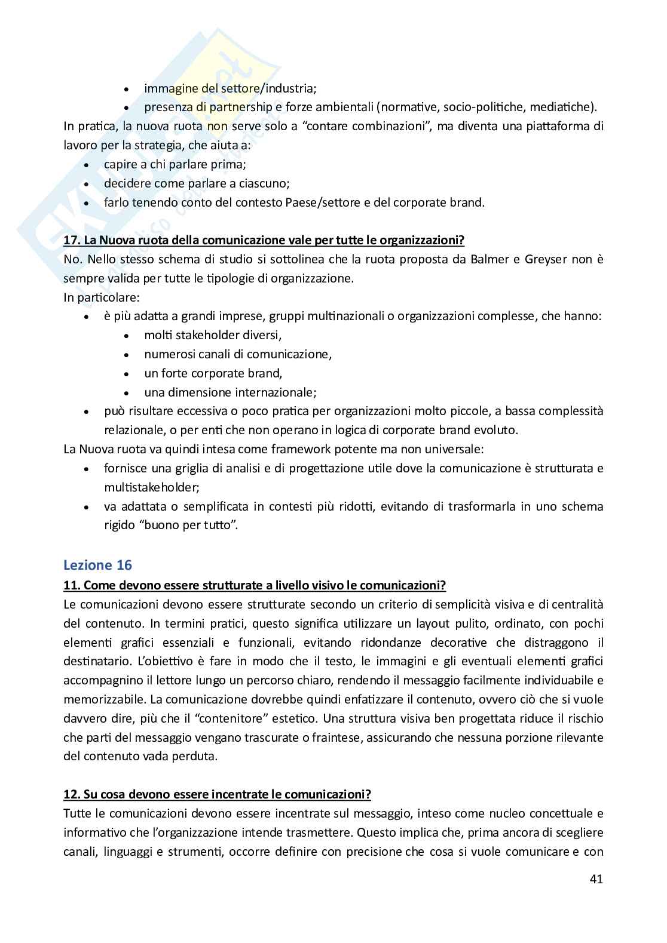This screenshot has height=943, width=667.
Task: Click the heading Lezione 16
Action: pos(97,564)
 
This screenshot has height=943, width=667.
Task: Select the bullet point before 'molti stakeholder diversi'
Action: pos(126,336)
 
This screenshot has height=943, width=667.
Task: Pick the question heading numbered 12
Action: pos(217,794)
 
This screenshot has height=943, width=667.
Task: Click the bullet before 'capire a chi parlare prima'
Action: pos(87,165)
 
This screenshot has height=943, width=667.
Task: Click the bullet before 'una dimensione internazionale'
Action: pos(126,393)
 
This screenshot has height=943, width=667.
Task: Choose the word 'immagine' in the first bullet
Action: pos(164,88)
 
